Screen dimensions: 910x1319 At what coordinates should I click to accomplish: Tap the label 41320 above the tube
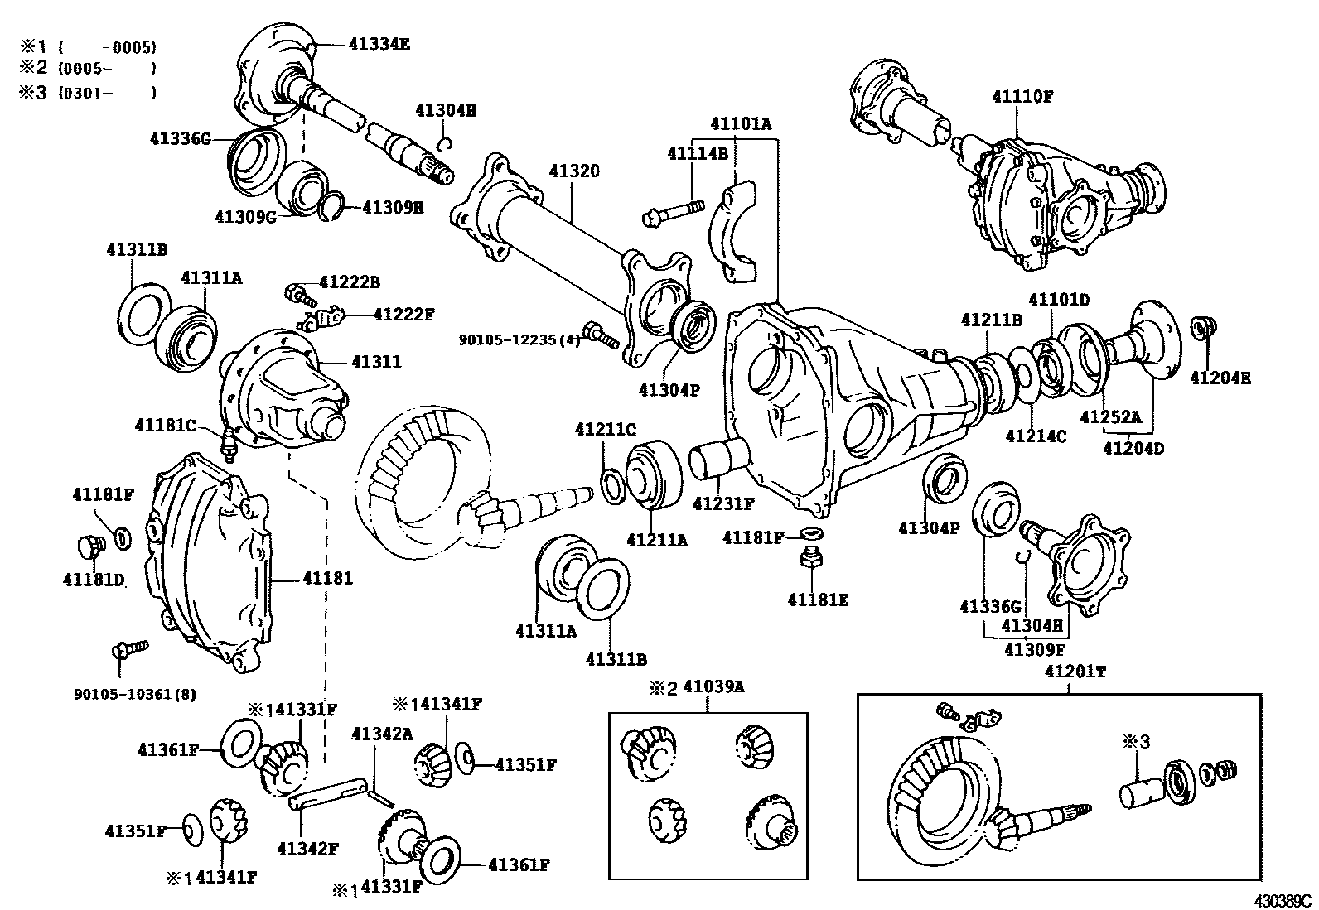click(573, 171)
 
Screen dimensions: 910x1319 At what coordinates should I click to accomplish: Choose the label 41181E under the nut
click(818, 599)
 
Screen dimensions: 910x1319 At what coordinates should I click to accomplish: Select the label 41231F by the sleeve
click(723, 503)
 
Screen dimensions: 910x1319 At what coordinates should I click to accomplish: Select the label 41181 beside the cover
click(327, 578)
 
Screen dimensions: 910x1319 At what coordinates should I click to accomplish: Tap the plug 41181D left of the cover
click(86, 546)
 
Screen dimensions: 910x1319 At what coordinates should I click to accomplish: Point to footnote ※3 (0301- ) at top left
click(87, 93)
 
